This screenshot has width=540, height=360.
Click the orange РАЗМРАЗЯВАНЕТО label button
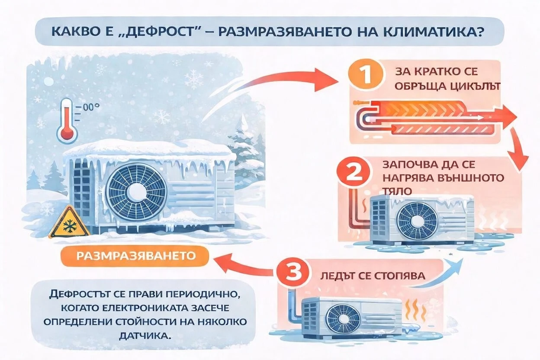(135, 256)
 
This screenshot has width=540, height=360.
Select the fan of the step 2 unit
(418, 220)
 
